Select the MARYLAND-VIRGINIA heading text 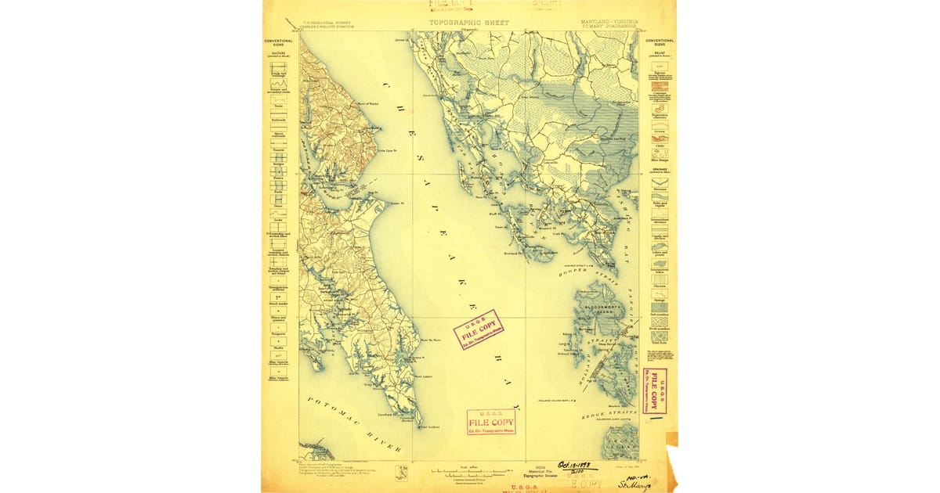609,22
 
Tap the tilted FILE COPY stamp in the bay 477,329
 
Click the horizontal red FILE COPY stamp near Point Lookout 491,422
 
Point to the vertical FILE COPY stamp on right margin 656,391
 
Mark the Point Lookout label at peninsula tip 431,427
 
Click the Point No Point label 431,341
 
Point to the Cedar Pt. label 396,203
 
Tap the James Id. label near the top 403,39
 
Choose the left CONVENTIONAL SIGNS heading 278,42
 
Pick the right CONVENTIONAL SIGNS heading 660,42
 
